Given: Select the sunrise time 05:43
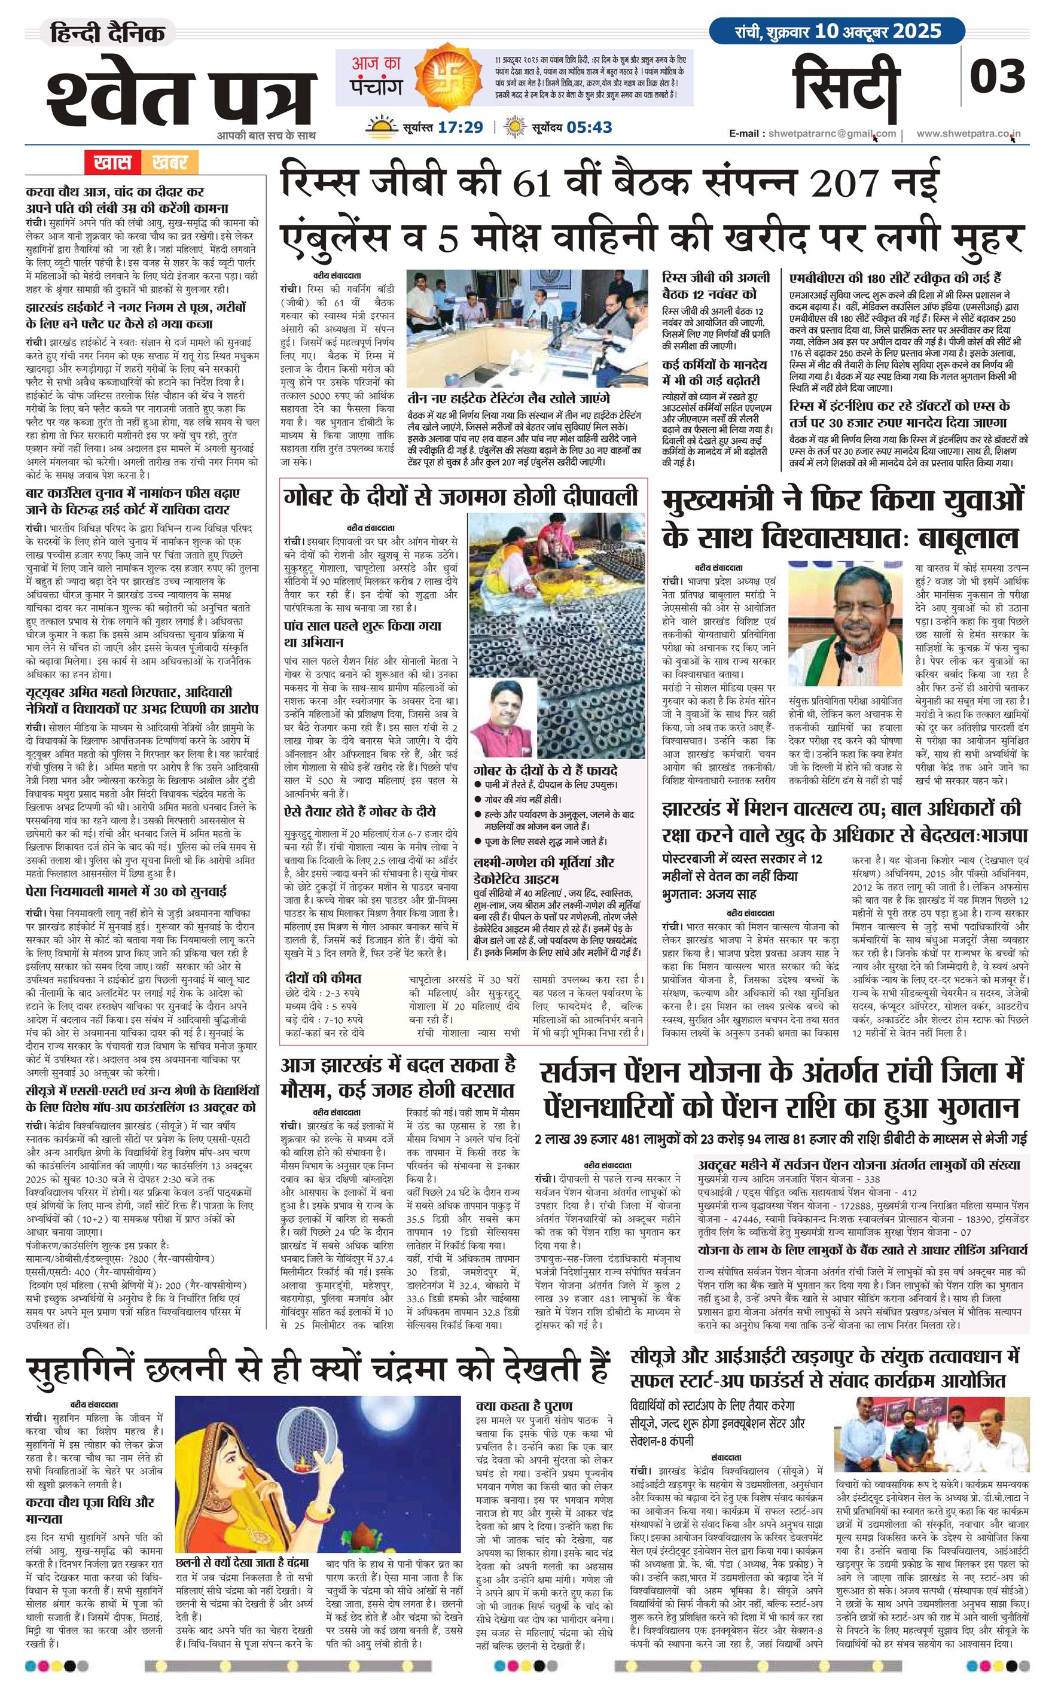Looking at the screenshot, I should (590, 127).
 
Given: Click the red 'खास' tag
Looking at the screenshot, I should (112, 163).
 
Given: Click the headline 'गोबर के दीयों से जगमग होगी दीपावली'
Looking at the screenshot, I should (461, 496).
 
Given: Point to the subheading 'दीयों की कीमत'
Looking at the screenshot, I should (322, 978).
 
